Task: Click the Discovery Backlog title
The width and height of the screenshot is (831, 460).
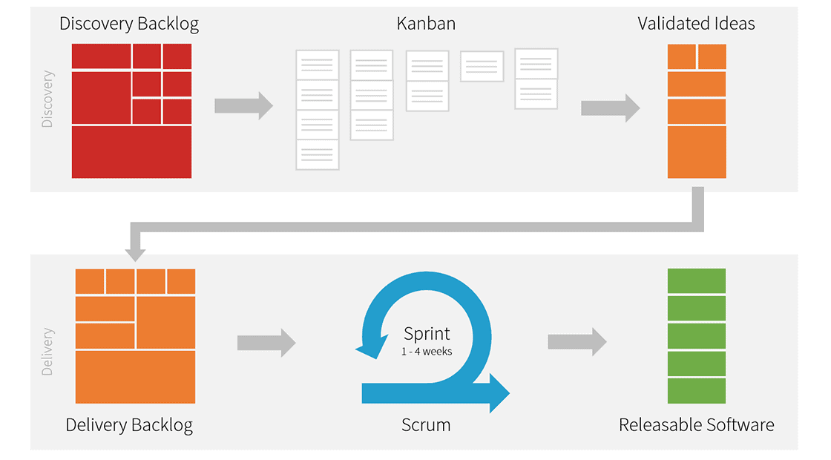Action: point(129,24)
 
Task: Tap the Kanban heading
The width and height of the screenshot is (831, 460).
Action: point(426,24)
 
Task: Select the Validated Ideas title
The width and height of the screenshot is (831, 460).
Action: point(696,24)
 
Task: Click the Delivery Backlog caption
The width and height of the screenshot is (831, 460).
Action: point(129,425)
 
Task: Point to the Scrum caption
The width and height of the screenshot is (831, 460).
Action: point(426,425)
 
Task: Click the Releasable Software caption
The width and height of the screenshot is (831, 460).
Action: point(696,425)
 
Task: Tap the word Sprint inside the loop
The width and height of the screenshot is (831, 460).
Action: point(427,333)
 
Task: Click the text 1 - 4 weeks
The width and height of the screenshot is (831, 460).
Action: point(427,351)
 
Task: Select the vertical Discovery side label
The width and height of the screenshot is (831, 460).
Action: point(47,99)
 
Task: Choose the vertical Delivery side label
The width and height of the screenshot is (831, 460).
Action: point(47,352)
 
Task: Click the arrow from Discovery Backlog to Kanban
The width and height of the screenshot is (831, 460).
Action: point(243,105)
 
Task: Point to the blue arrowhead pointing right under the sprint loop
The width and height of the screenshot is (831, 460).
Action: point(498,392)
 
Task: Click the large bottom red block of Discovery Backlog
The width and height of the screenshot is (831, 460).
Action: point(131,152)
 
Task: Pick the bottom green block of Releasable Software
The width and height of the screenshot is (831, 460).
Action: point(696,391)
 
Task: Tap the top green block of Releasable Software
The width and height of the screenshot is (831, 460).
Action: point(696,280)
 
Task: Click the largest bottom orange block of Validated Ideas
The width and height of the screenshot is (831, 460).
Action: point(696,152)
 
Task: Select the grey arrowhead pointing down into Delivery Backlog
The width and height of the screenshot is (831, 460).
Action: point(135,253)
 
